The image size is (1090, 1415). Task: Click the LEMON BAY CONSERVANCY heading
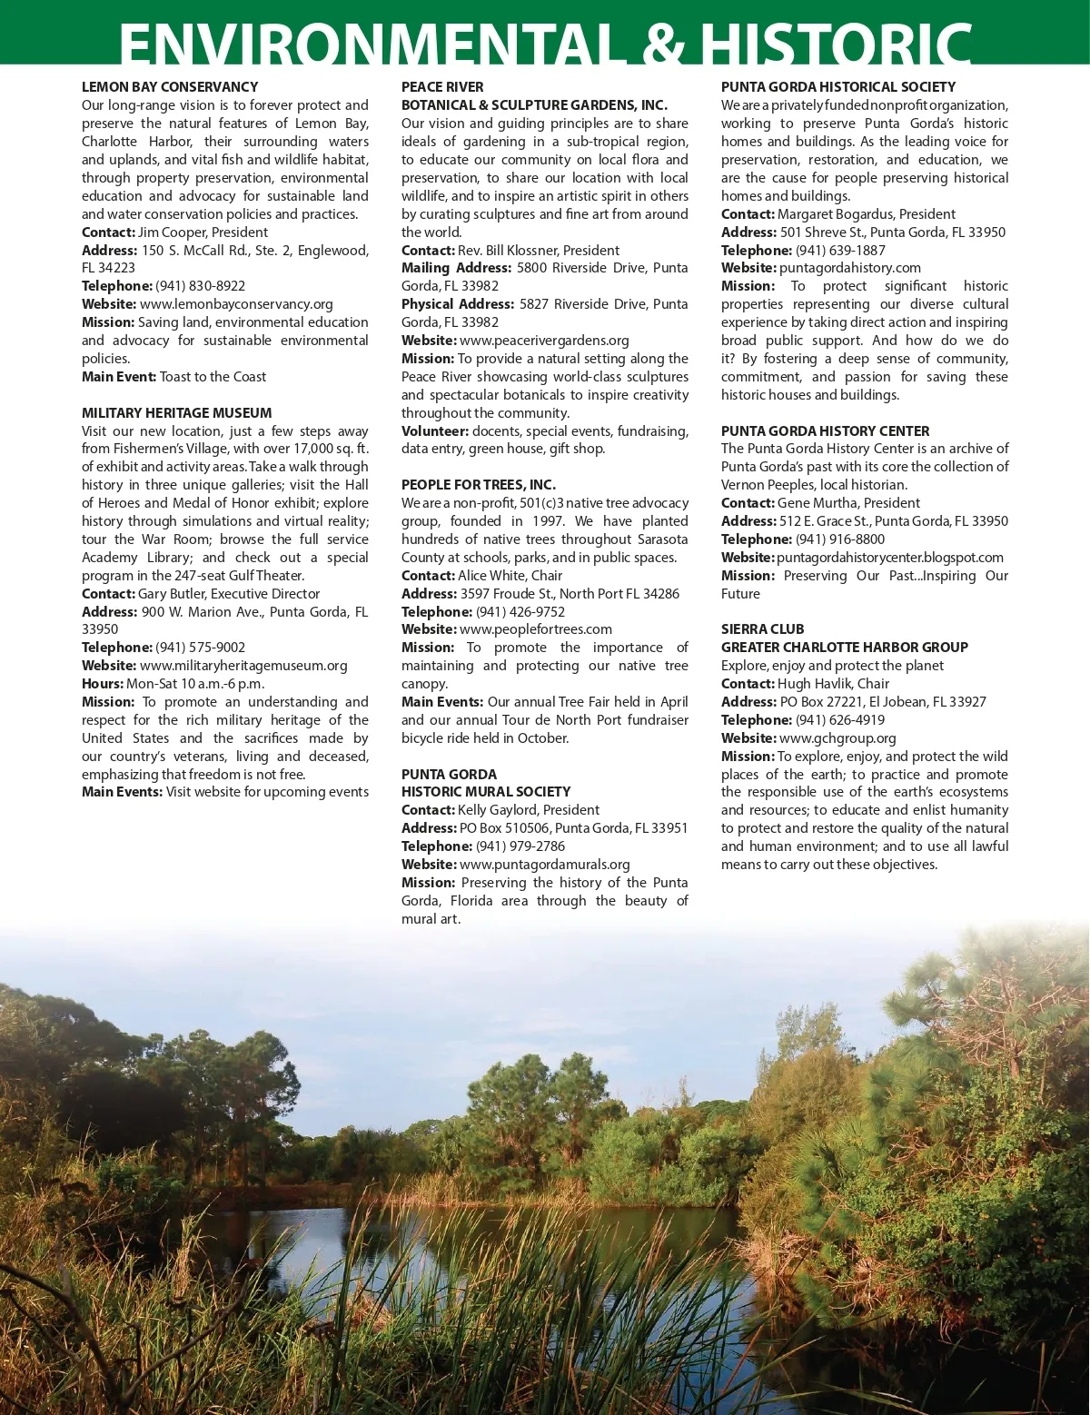click(170, 87)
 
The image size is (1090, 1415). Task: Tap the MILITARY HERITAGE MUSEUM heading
click(176, 413)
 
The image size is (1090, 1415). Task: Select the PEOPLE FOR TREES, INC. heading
click(479, 485)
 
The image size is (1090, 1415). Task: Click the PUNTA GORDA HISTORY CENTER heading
click(825, 431)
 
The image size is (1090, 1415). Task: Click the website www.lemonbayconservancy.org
click(236, 304)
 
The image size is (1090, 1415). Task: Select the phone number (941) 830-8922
click(200, 286)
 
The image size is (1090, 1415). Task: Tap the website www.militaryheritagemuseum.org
click(243, 666)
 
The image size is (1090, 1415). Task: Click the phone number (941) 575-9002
click(200, 648)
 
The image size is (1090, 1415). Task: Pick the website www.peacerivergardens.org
click(544, 341)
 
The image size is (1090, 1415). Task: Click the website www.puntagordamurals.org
click(544, 865)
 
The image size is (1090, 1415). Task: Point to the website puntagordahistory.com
click(850, 268)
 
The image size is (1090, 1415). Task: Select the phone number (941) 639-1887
click(840, 251)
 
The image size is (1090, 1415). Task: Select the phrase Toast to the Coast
click(213, 377)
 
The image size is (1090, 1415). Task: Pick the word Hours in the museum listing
click(101, 684)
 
